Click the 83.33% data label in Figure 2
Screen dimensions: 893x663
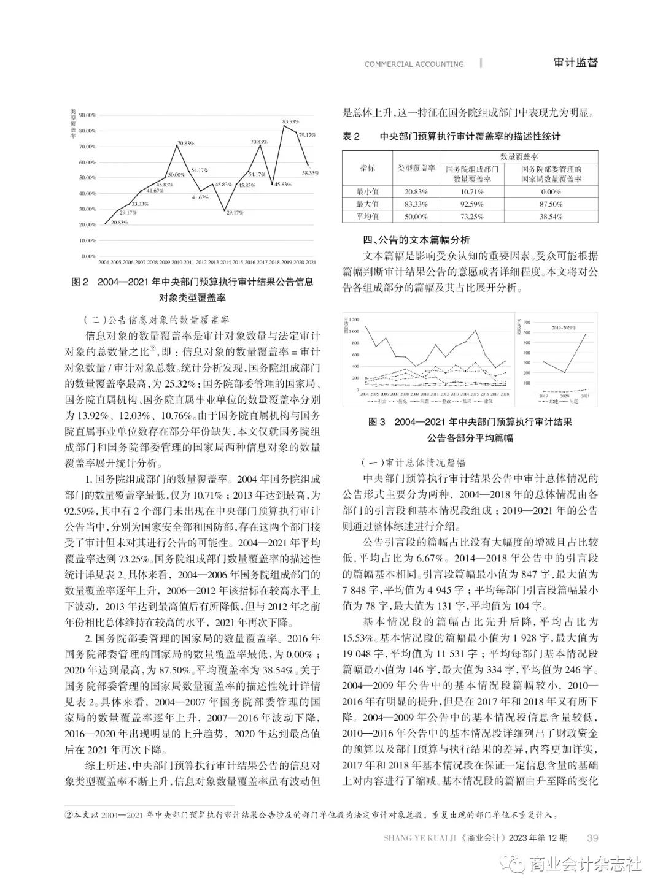pyautogui.click(x=291, y=121)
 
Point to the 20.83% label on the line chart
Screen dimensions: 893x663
pyautogui.click(x=119, y=223)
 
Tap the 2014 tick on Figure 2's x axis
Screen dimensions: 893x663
pyautogui.click(x=225, y=263)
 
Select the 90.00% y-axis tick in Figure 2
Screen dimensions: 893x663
pyautogui.click(x=88, y=115)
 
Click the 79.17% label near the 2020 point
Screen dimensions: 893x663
pyautogui.click(x=308, y=134)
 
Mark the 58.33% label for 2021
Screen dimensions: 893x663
pyautogui.click(x=310, y=173)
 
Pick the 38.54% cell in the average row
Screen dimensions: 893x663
pyautogui.click(x=550, y=217)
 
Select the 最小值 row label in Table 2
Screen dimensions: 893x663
pyautogui.click(x=367, y=191)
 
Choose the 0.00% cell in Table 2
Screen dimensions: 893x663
pyautogui.click(x=550, y=191)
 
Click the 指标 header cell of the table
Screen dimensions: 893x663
pyautogui.click(x=367, y=168)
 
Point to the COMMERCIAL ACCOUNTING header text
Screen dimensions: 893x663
pyautogui.click(x=414, y=64)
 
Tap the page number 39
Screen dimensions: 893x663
pyautogui.click(x=593, y=838)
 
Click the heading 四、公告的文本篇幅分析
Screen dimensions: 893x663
pyautogui.click(x=417, y=239)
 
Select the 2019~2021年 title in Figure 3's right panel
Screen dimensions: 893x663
pyautogui.click(x=563, y=329)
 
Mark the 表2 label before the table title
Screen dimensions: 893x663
pyautogui.click(x=351, y=136)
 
